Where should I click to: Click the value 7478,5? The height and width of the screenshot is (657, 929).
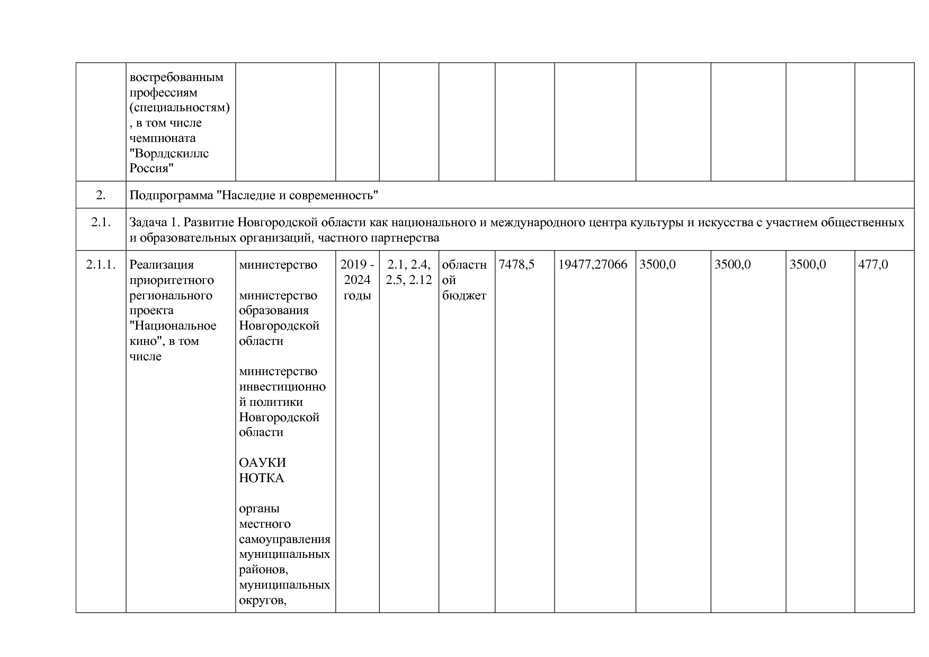click(516, 264)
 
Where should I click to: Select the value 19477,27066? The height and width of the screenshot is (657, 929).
click(593, 264)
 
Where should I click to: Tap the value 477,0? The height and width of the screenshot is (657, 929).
click(873, 264)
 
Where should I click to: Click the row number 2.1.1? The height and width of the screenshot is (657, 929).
click(101, 264)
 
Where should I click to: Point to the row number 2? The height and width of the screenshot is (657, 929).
click(101, 196)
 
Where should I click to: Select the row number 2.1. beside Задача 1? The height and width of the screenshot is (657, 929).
click(101, 223)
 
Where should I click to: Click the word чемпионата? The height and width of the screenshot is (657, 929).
click(163, 138)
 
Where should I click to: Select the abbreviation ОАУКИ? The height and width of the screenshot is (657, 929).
click(262, 463)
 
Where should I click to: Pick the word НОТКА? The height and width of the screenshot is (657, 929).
click(262, 478)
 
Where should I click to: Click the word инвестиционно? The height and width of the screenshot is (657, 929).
click(282, 387)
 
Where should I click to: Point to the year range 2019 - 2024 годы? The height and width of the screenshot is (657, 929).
click(357, 280)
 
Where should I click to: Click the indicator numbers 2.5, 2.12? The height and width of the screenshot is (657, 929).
click(409, 280)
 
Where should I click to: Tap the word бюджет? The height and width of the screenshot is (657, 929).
click(464, 296)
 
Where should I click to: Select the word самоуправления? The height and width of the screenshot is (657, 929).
click(284, 539)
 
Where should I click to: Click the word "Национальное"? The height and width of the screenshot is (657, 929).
click(173, 326)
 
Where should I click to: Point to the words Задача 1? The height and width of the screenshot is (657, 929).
click(156, 223)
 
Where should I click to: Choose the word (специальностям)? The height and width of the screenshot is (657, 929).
click(180, 108)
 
